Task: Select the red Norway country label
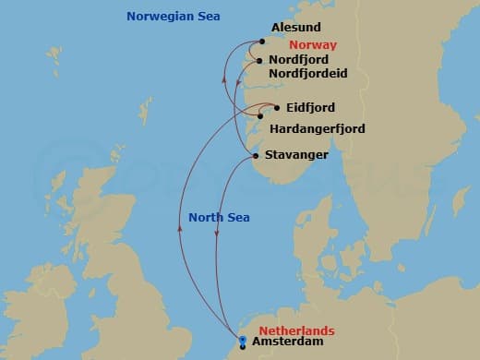tap(312, 44)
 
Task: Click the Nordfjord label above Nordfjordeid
tap(299, 59)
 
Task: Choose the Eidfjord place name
tap(310, 108)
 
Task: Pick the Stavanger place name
tap(295, 155)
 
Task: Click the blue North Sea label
tap(220, 218)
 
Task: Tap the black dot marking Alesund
tap(262, 42)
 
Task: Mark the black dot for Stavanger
tap(255, 156)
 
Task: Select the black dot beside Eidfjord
tap(275, 107)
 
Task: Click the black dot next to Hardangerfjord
tap(261, 117)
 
